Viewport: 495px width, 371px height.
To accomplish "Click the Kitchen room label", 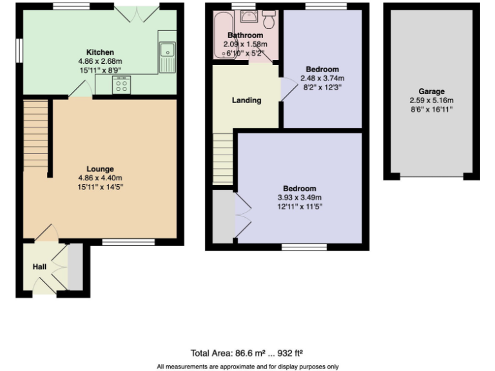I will [x=100, y=52].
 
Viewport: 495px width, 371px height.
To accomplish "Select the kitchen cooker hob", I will [x=121, y=85].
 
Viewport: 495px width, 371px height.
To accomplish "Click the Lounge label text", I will [x=100, y=169].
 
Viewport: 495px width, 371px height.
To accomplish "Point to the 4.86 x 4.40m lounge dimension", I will [x=100, y=178].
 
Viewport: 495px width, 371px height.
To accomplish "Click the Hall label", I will [x=39, y=266].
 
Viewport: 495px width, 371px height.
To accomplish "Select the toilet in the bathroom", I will [x=269, y=19].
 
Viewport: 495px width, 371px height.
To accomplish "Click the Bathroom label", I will [x=245, y=35].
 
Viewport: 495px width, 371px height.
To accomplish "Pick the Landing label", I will [x=246, y=100].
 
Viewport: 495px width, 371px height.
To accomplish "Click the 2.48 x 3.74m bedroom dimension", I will [x=322, y=78].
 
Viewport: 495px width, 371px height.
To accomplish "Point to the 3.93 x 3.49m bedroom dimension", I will [x=299, y=198].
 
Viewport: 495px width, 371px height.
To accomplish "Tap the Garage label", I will [x=431, y=91].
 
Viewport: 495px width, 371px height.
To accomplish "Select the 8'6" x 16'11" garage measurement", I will [x=431, y=109].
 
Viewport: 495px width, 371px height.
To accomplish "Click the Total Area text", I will [x=247, y=353].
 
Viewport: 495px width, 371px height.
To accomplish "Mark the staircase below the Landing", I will [x=222, y=158].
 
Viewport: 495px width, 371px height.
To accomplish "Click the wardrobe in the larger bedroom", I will [x=224, y=215].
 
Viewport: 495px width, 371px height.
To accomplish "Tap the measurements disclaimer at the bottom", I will [x=247, y=366].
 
